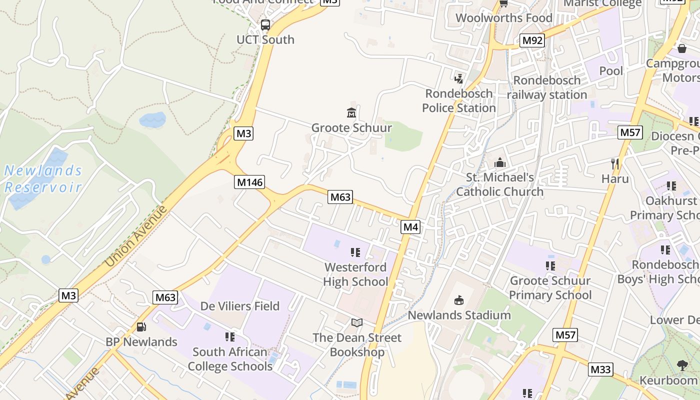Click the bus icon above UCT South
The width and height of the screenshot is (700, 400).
(265, 24)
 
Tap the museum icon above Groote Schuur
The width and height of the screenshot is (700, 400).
(351, 113)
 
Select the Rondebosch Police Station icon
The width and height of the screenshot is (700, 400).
(458, 78)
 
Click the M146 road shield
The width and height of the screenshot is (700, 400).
(249, 182)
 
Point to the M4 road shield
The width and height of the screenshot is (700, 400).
(410, 227)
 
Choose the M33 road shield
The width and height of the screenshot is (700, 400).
(600, 369)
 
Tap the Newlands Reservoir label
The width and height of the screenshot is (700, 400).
(43, 179)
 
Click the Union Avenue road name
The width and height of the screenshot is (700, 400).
(136, 236)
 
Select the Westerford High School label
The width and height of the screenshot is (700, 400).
(355, 274)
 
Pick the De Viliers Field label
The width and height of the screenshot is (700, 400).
(240, 305)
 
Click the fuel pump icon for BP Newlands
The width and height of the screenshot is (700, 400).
(141, 327)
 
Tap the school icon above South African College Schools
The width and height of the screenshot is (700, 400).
(230, 337)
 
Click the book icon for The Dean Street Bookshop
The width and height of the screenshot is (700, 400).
(356, 323)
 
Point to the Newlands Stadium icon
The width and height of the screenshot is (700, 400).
(458, 300)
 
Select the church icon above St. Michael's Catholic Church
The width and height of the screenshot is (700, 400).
(499, 162)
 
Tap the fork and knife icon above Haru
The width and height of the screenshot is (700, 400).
(615, 163)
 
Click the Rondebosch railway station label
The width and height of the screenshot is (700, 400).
(547, 87)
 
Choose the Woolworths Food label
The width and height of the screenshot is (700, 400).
(504, 18)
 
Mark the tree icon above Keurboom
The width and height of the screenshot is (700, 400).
(682, 365)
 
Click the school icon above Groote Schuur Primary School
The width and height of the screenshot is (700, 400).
(550, 266)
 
